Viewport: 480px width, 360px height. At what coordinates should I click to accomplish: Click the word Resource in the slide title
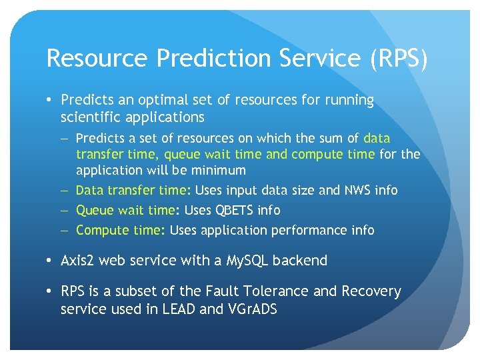point(97,59)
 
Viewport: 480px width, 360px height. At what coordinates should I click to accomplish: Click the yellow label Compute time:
point(121,231)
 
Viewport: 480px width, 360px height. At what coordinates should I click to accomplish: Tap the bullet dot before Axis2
point(51,261)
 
